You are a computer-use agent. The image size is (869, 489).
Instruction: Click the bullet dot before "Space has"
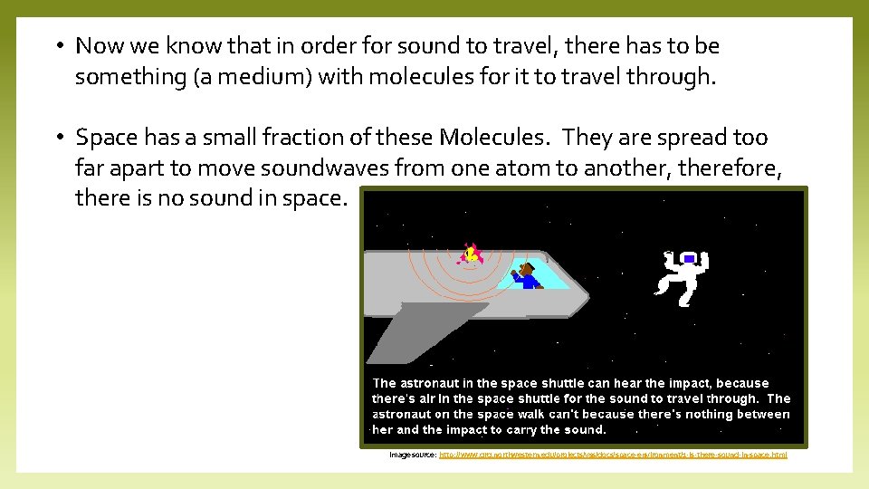point(56,138)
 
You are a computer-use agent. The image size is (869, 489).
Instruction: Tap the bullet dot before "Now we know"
point(56,45)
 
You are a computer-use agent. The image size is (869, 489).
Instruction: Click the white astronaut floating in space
point(681,275)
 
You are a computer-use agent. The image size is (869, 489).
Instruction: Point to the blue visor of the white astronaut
point(689,259)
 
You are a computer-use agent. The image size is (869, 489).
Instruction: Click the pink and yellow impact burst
point(471,254)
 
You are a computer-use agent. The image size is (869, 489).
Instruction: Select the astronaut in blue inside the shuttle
point(527,275)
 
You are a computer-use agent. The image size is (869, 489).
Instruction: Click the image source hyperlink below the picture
point(613,455)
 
